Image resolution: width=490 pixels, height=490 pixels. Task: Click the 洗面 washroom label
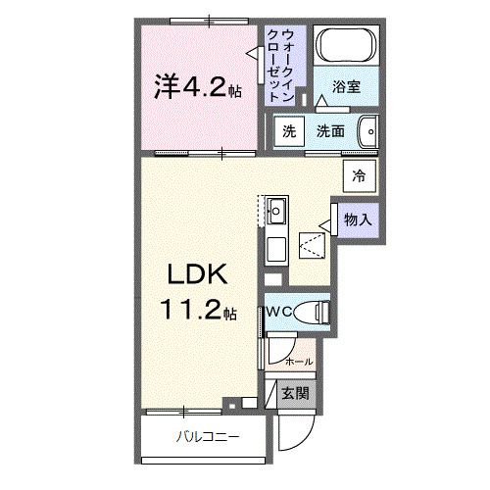point(329,131)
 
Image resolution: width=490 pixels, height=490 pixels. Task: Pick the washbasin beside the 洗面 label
point(368,130)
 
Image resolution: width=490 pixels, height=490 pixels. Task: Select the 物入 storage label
point(357,220)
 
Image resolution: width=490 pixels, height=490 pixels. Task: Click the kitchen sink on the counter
point(277,210)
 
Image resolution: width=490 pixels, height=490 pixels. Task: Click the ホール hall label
point(298,362)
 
